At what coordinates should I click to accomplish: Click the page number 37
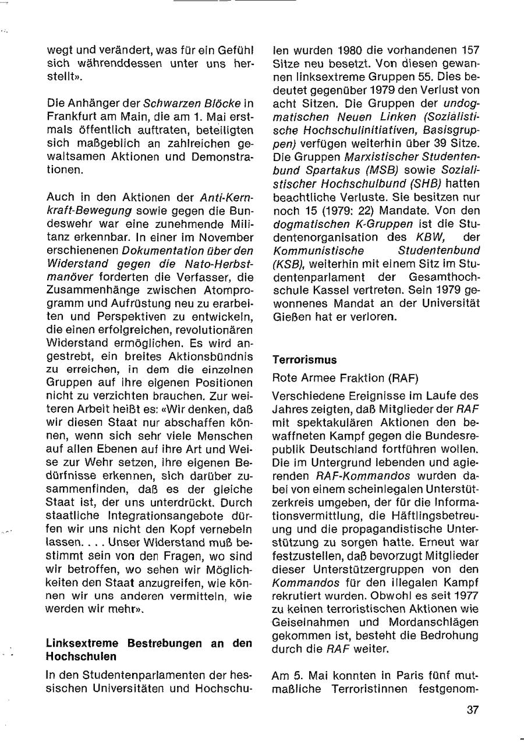pyautogui.click(x=473, y=709)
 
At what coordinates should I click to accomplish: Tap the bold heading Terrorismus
pyautogui.click(x=305, y=360)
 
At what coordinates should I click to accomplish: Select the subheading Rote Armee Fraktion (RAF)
pyautogui.click(x=345, y=378)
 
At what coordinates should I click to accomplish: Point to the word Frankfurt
pyautogui.click(x=72, y=116)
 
